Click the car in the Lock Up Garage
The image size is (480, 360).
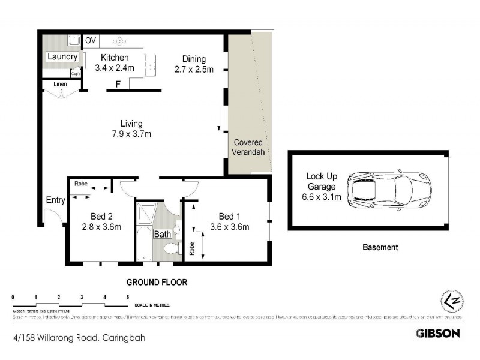click(389, 189)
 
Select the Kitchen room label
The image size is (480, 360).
click(115, 58)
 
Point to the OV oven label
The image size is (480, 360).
click(91, 41)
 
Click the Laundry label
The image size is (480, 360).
click(62, 57)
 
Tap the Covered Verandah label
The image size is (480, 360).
click(248, 148)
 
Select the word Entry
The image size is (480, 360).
click(55, 201)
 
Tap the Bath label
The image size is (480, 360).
click(162, 235)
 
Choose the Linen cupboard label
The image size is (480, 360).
click(59, 85)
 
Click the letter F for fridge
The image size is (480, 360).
click(118, 84)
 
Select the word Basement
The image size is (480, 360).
click(380, 247)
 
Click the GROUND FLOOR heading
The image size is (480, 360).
click(156, 282)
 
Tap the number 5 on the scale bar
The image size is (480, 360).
click(127, 298)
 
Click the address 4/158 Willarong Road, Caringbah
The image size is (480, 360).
click(78, 338)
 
